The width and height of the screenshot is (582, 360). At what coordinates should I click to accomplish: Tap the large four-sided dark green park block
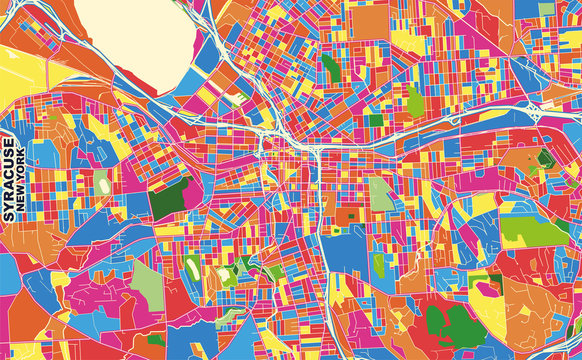pyautogui.click(x=170, y=198)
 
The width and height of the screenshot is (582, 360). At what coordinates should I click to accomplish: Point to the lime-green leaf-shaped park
pyautogui.click(x=414, y=100)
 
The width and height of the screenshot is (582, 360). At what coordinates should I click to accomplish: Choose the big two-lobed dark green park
pyautogui.click(x=450, y=326)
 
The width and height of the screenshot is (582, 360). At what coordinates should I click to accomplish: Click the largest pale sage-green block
pyautogui.click(x=147, y=285)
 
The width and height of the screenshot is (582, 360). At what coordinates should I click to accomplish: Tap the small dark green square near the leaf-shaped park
pyautogui.click(x=376, y=120)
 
